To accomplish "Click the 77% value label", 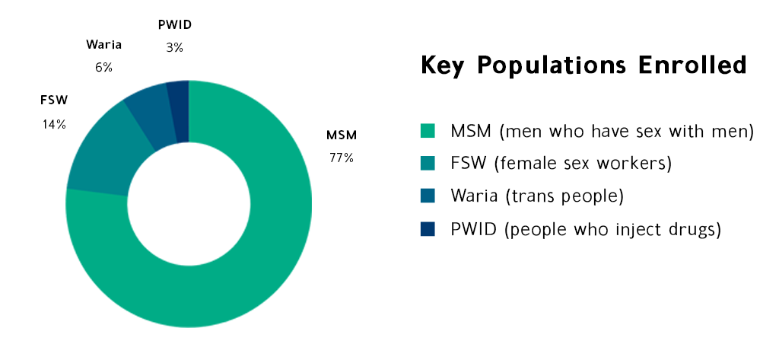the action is point(342,158).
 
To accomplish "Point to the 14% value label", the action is point(54,124).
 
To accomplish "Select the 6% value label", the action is point(103,67).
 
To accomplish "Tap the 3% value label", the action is point(174,48).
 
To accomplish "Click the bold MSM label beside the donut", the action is point(342,135).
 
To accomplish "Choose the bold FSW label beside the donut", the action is point(54,100).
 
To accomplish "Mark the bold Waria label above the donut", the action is point(103,44).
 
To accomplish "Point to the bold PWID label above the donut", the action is point(174,25).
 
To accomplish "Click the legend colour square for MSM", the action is point(428,131).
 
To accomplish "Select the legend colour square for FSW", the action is point(428,164).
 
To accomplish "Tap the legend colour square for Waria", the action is point(428,196).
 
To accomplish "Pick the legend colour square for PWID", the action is point(428,229).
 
